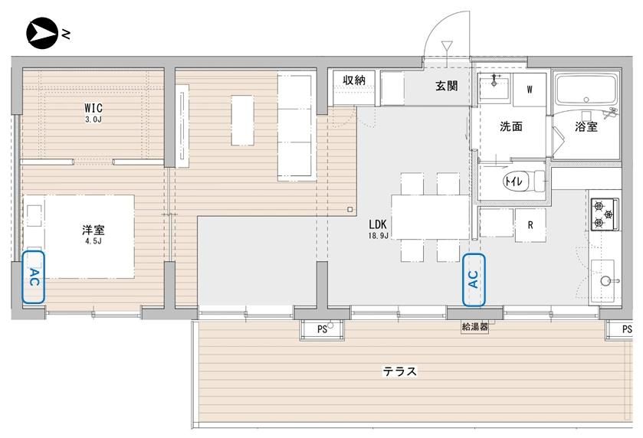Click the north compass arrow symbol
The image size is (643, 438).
click(41, 33)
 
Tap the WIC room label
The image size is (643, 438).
click(93, 108)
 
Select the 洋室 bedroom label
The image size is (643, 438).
click(93, 230)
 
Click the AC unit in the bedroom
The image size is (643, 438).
click(33, 277)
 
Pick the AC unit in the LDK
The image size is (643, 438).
click(474, 279)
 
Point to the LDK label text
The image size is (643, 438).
click(377, 224)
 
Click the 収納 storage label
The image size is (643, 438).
click(353, 80)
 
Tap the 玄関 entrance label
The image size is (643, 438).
click(447, 86)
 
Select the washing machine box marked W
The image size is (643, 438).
click(530, 90)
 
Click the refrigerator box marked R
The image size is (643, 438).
click(530, 225)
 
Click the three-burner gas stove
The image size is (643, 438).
click(605, 214)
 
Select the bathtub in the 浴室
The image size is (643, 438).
click(586, 90)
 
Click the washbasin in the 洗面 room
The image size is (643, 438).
click(494, 87)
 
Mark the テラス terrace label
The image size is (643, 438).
click(400, 371)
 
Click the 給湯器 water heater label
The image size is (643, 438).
click(475, 326)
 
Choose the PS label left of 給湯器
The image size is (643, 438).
click(322, 329)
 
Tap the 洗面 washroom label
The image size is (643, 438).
click(511, 126)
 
